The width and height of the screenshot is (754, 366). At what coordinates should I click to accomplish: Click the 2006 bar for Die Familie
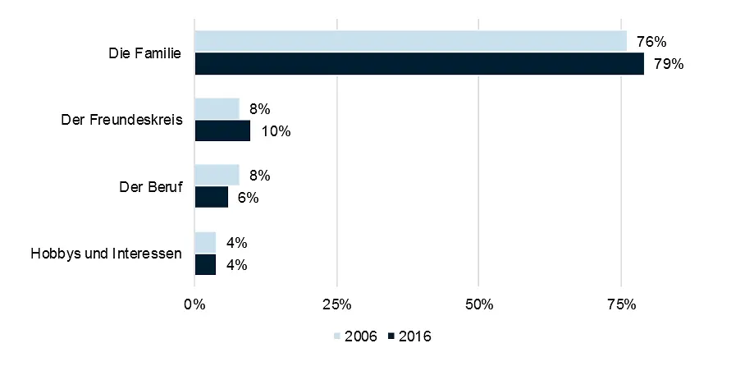[x=410, y=41]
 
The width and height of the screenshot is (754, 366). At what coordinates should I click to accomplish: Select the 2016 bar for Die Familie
[x=418, y=64]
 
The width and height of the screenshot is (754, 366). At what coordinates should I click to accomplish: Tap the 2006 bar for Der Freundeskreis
[x=217, y=108]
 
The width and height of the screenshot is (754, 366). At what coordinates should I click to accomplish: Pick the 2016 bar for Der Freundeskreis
[x=222, y=130]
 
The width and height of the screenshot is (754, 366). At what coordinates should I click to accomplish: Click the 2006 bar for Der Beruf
[x=217, y=175]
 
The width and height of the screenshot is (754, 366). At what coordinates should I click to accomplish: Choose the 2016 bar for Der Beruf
[x=211, y=197]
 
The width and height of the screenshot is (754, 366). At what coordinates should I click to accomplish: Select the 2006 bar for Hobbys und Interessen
[x=205, y=242]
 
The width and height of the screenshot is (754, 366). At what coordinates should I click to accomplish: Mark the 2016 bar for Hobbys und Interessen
[x=205, y=264]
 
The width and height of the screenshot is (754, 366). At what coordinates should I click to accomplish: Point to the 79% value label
[x=669, y=64]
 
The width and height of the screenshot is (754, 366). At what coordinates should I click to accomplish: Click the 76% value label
[x=651, y=41]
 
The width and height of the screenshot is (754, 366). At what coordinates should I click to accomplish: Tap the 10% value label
[x=275, y=131]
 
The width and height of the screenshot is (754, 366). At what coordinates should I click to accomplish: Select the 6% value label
[x=248, y=198]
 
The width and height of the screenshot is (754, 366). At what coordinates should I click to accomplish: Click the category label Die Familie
[x=144, y=53]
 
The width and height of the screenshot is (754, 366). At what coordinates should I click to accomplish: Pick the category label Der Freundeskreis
[x=121, y=121]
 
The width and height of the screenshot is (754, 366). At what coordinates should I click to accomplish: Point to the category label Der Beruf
[x=150, y=187]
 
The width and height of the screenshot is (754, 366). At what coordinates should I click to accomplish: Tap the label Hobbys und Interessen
[x=105, y=254]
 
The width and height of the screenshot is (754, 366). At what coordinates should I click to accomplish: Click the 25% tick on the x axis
[x=336, y=305]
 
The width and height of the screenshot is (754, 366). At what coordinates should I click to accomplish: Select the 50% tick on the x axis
[x=479, y=305]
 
